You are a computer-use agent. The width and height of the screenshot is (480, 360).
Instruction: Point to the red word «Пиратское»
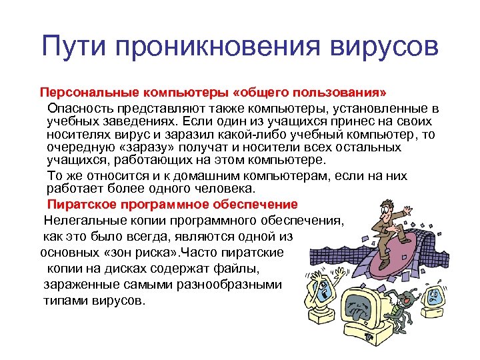(79, 203)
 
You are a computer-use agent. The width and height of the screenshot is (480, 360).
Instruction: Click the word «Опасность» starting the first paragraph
(79, 107)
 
